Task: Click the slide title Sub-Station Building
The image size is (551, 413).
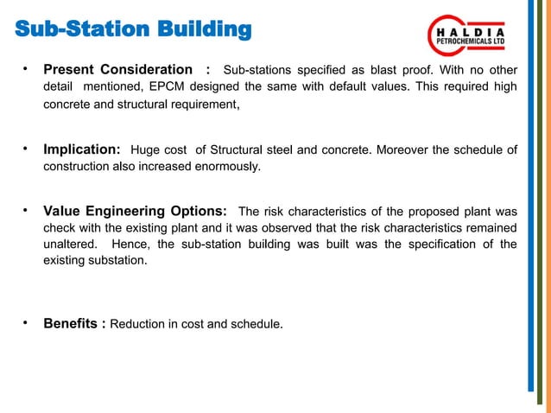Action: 134,31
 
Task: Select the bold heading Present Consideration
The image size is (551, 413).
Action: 118,69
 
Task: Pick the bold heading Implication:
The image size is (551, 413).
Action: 82,150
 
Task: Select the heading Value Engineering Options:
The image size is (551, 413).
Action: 136,211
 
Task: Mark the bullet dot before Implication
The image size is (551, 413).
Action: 28,149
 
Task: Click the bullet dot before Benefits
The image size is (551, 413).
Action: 28,322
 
